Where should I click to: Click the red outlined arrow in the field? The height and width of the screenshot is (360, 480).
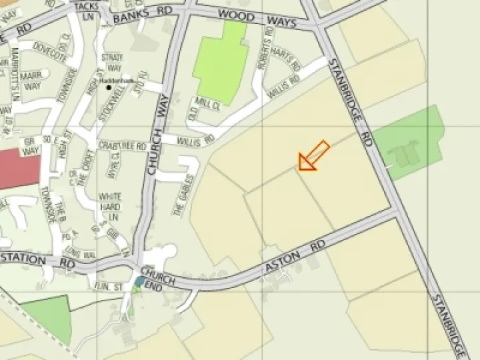[x=314, y=156]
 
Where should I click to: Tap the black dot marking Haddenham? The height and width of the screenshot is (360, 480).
[x=109, y=87]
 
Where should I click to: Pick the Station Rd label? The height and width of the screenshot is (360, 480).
[x=37, y=260]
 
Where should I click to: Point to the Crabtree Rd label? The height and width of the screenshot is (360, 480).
[x=122, y=145]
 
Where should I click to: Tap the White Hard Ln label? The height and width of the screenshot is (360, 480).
[x=110, y=207]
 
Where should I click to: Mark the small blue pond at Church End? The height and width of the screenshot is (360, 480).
[x=139, y=282]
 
